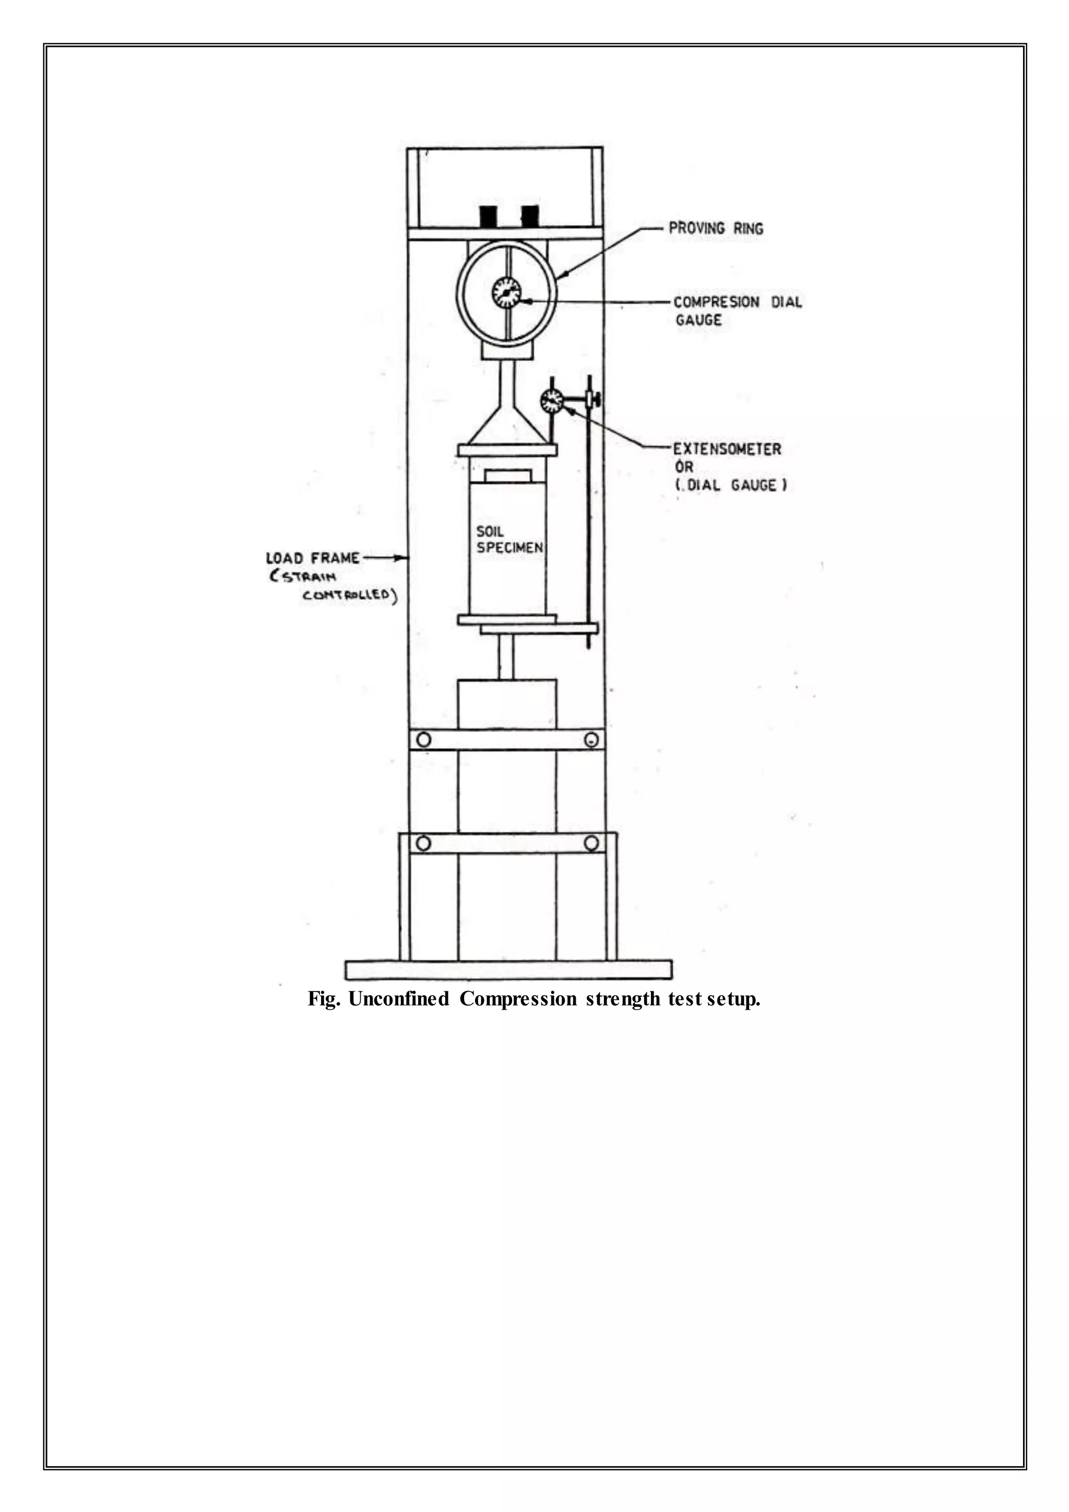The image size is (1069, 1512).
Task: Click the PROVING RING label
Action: (x=716, y=229)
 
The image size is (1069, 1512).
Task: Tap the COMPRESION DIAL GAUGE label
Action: (x=737, y=311)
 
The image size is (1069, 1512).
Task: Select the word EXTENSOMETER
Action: (x=727, y=449)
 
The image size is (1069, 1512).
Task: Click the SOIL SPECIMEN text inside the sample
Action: (x=509, y=539)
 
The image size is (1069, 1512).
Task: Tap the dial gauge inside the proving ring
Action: (x=506, y=292)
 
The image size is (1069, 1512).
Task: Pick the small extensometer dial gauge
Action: (x=552, y=401)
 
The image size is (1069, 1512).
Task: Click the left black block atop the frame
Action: (x=489, y=215)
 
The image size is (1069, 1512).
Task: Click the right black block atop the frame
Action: (x=530, y=215)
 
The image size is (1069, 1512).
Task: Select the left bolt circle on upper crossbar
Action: (x=424, y=739)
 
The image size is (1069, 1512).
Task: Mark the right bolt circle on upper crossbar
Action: (x=592, y=739)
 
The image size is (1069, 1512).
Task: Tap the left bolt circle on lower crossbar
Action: (x=423, y=843)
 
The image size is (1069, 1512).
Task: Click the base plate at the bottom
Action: (x=508, y=970)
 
